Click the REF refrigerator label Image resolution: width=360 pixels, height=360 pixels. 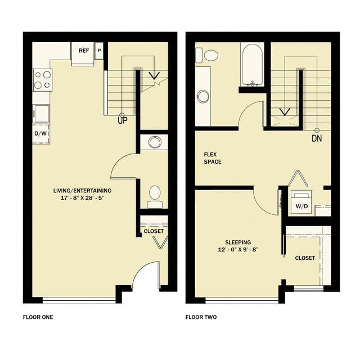84,51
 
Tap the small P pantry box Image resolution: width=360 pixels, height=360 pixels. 99,51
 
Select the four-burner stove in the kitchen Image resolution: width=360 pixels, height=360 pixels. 42,79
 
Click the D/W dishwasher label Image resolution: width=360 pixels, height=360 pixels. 40,133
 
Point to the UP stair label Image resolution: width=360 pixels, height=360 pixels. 121,120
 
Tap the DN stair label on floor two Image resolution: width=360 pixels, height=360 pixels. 317,138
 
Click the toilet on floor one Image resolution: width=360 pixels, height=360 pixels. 155,193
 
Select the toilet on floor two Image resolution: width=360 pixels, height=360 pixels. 211,55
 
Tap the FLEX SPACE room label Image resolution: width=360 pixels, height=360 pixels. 213,157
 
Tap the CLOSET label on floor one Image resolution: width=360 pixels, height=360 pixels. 154,231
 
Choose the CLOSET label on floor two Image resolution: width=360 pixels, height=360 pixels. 305,258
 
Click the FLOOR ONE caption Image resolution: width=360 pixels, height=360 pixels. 38,317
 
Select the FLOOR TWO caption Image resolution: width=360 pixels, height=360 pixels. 201,317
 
